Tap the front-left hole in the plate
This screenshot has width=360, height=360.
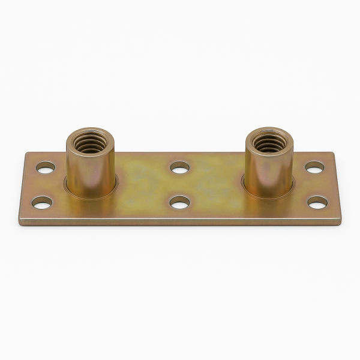[41, 203]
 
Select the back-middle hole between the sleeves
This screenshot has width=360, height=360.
[179, 167]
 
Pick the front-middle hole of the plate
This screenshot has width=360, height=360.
[179, 203]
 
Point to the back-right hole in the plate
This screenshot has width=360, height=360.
[314, 167]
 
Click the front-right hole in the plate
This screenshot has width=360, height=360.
[318, 202]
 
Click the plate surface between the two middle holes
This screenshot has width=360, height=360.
[179, 185]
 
